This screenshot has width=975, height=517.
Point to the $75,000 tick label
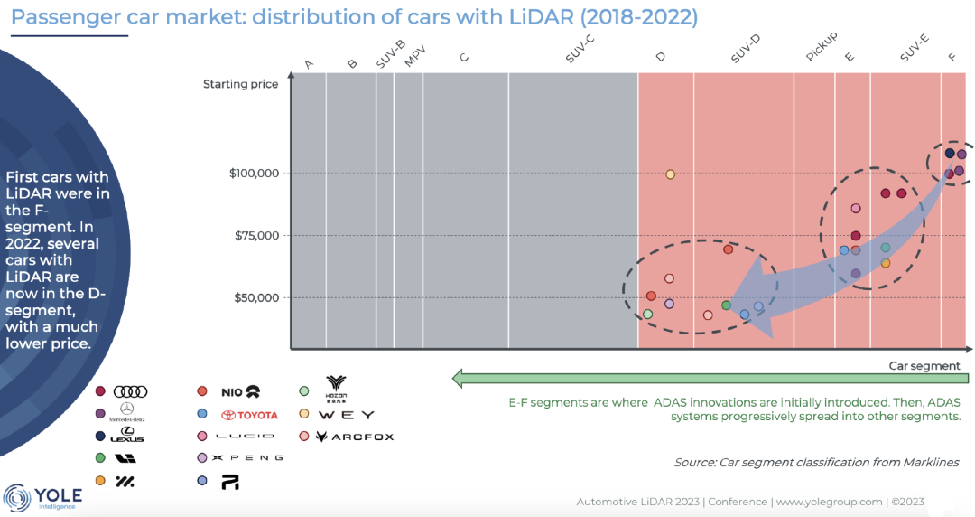(x=256, y=236)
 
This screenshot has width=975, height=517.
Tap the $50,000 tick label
(x=256, y=298)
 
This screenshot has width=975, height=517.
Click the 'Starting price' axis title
(x=240, y=85)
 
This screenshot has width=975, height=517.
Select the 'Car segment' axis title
(x=924, y=366)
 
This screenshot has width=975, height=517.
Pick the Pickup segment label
(x=822, y=47)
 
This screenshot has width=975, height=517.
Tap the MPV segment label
(x=415, y=56)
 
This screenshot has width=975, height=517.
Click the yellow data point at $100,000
(x=670, y=174)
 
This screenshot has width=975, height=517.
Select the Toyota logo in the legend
(x=250, y=415)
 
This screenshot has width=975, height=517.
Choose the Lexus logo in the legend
(x=126, y=437)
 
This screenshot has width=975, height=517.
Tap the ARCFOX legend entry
(x=354, y=437)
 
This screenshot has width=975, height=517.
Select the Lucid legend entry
(x=252, y=437)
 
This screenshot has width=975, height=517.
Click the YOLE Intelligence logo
(x=45, y=497)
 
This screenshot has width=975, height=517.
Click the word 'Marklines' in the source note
(x=929, y=462)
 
